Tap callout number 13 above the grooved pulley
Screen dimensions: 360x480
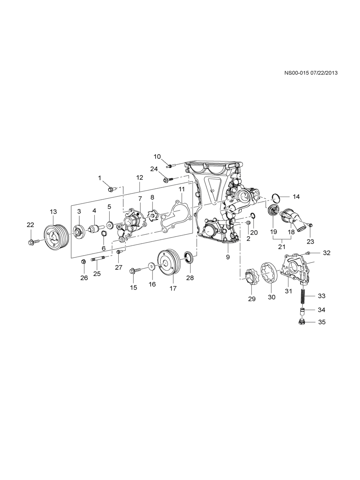pyautogui.click(x=53, y=212)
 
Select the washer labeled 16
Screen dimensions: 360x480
pyautogui.click(x=152, y=267)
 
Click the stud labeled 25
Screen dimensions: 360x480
pyautogui.click(x=97, y=259)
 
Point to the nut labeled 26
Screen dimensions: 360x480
pyautogui.click(x=83, y=261)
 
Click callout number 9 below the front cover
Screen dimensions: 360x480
pyautogui.click(x=228, y=257)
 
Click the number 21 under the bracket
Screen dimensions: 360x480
pyautogui.click(x=282, y=247)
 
